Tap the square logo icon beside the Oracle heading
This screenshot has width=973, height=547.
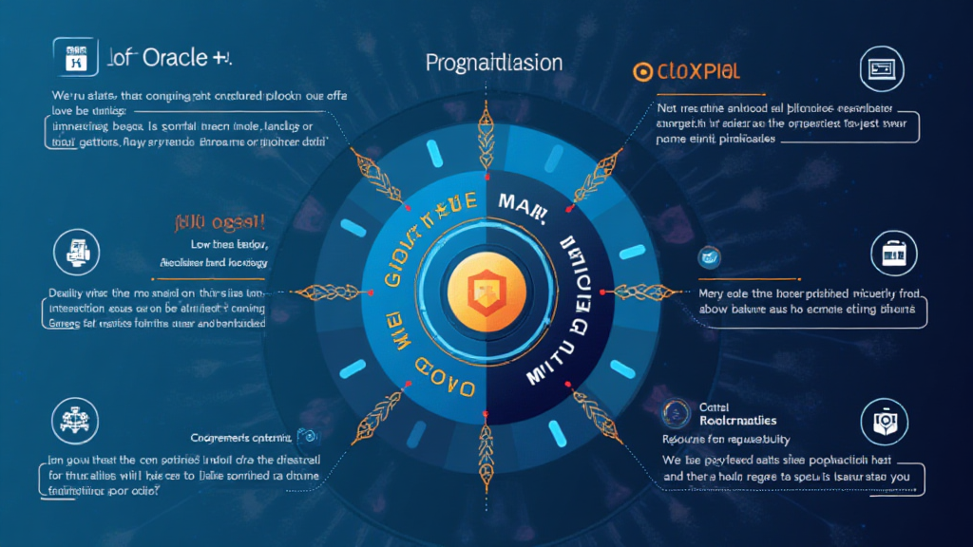pos(73,57)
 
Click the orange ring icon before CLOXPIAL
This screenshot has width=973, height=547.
pos(641,71)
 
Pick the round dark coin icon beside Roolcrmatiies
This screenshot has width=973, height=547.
pos(677,412)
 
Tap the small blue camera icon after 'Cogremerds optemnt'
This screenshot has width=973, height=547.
pos(306,436)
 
